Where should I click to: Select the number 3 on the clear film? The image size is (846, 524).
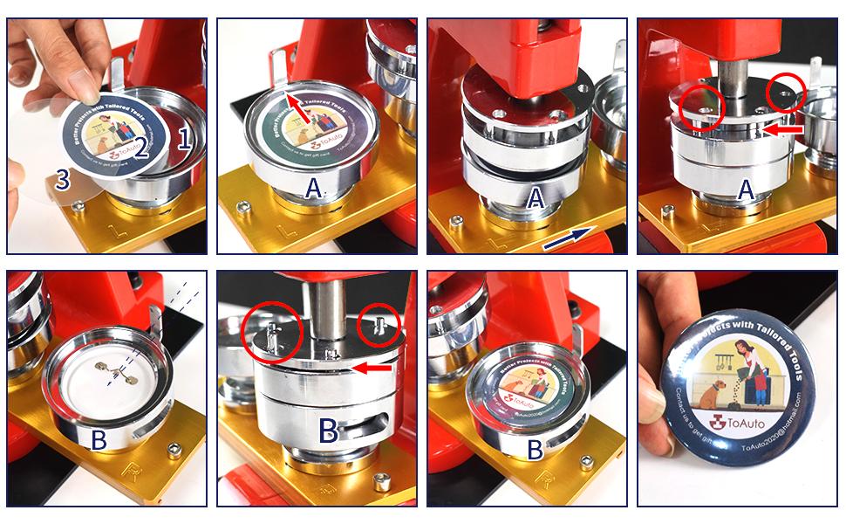tap(61, 180)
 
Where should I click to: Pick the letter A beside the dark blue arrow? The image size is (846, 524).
tap(536, 197)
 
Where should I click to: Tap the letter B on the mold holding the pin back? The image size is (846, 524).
tap(99, 440)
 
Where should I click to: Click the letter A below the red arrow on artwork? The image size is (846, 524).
tap(314, 186)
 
